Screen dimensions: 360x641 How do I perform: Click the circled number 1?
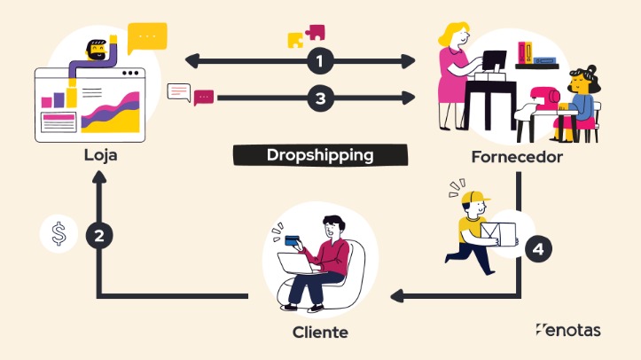click(x=320, y=61)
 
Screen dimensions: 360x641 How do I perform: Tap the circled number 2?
click(x=99, y=236)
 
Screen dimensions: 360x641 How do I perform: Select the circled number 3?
click(x=320, y=98)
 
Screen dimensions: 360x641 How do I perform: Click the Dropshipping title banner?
click(x=320, y=155)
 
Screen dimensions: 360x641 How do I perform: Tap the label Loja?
click(x=100, y=155)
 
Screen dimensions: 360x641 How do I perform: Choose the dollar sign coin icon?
click(x=59, y=236)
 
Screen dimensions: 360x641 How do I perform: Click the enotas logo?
click(x=568, y=330)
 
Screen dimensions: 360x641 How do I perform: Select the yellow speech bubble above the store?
click(x=146, y=37)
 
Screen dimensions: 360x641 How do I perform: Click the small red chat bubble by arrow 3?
click(x=204, y=97)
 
